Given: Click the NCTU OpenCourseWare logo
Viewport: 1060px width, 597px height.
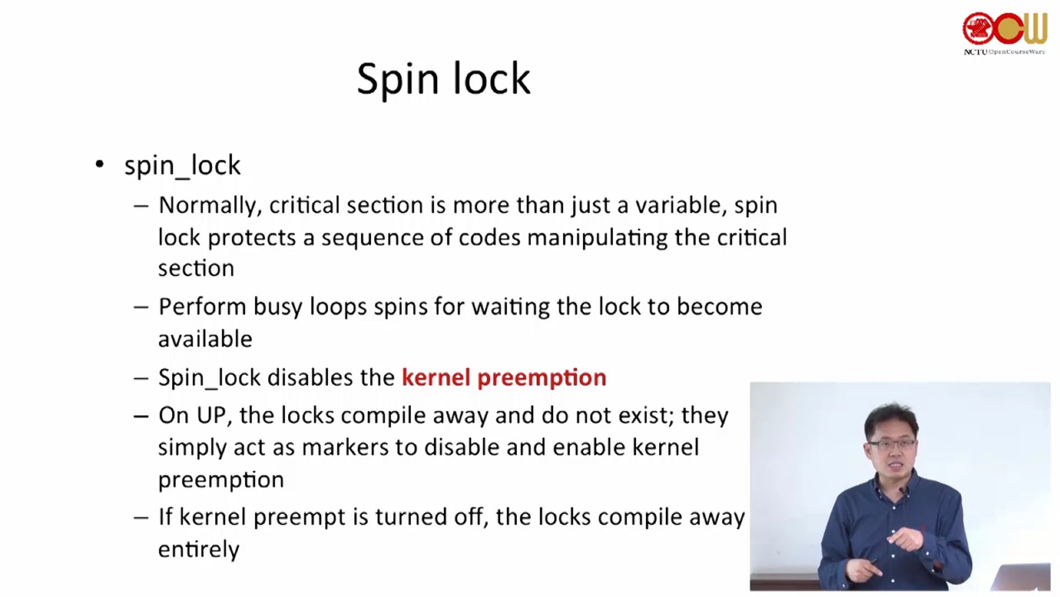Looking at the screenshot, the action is point(1005,33).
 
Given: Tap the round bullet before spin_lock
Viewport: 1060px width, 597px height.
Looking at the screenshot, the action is point(99,164).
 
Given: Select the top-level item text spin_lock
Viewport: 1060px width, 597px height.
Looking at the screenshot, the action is point(182,165).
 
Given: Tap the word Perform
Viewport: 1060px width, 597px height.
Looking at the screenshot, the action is point(202,306).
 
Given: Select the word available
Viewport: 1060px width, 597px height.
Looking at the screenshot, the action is point(205,338).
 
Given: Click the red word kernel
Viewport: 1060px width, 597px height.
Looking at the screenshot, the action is point(436,377).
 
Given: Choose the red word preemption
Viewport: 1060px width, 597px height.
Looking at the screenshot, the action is point(542,378).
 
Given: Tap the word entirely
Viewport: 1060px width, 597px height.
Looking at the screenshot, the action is point(199,549).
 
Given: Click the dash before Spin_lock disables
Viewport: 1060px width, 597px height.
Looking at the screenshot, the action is point(141,378).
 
